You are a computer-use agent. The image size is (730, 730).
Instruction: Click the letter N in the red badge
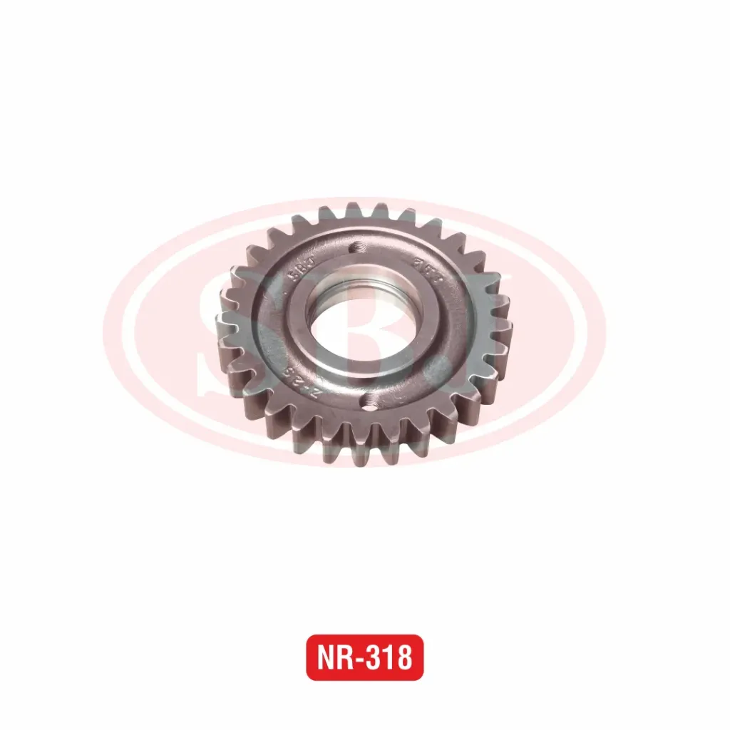[x=327, y=657]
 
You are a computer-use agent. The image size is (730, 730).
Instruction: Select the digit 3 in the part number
[x=375, y=657]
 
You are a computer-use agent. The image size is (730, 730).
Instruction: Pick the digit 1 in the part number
[x=390, y=657]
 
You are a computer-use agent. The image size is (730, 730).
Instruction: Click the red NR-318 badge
[x=364, y=657]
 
